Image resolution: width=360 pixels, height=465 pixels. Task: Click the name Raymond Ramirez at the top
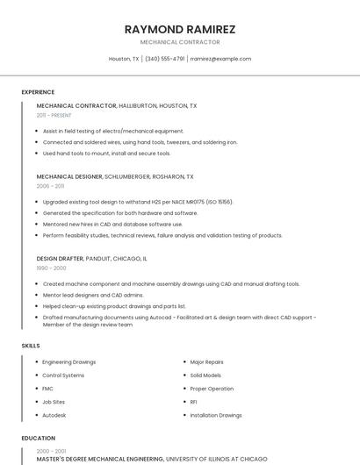point(180,29)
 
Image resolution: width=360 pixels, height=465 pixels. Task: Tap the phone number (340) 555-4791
point(164,59)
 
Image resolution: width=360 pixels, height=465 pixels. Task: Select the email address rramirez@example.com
point(220,59)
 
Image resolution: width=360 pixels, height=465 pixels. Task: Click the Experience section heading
point(38,92)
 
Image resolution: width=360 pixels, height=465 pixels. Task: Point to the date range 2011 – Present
point(54,115)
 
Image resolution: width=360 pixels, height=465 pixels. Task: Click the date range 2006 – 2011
point(50,186)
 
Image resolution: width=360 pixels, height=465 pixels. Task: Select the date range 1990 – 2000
point(50,268)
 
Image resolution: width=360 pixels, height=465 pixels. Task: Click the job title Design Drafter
point(60,259)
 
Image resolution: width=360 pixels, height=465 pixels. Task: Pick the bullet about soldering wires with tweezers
point(140,142)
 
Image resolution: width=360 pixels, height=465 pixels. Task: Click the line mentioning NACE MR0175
point(138,202)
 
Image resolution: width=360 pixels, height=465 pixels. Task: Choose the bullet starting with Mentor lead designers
point(92,295)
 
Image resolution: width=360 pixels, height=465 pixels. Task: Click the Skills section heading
point(31,346)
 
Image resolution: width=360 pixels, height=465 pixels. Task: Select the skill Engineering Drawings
point(68,361)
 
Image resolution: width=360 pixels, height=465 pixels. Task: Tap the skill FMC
point(47,389)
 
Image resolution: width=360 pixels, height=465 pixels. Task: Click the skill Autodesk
point(54,415)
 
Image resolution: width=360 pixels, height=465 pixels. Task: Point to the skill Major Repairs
point(206,361)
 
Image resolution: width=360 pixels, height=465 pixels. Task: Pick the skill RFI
point(193,402)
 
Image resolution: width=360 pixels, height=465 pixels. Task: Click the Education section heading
point(37,437)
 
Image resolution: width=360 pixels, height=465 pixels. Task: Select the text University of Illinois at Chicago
point(216,459)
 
